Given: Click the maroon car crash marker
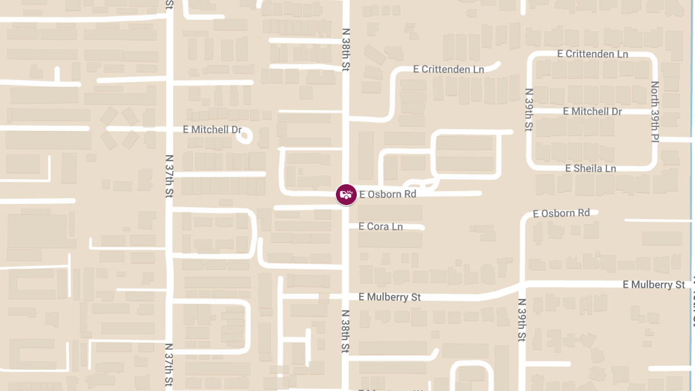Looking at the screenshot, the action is tap(346, 195).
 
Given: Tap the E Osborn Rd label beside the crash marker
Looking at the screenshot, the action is tap(387, 195).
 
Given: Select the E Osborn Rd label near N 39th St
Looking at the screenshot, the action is tap(561, 213).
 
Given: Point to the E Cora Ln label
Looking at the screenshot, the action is tap(381, 226).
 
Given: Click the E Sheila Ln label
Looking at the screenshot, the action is tap(590, 168).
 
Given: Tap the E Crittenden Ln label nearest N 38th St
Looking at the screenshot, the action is tap(449, 69).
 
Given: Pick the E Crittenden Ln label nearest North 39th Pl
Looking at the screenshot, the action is tap(592, 54).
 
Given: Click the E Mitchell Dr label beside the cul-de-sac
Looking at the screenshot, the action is tap(212, 130).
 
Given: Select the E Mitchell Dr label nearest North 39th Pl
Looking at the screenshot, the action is tap(592, 111).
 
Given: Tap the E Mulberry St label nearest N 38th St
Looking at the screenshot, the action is tap(390, 297).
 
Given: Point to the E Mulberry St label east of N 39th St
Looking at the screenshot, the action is tap(654, 284).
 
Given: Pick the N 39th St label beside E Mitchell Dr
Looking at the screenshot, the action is tap(528, 109).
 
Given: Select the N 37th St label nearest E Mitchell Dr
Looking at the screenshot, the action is tap(169, 176).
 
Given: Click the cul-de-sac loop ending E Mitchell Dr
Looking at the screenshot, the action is tap(246, 137).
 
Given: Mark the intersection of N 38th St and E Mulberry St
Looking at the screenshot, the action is tap(346, 297).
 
